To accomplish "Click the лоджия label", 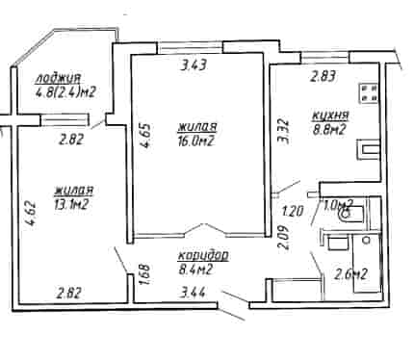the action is (59, 78).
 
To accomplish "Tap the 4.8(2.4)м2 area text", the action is (65, 92).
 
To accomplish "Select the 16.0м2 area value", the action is (195, 141).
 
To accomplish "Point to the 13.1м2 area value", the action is (71, 204).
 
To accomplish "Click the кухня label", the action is (330, 116).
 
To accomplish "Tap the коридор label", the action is (203, 256).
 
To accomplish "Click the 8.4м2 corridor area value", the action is (195, 270).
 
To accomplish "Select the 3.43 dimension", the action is (194, 65).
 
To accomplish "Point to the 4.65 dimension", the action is (145, 136).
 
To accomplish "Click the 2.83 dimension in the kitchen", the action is (323, 77).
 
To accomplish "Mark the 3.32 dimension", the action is (284, 132).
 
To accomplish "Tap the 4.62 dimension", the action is (32, 214).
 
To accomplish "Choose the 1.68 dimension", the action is (145, 275).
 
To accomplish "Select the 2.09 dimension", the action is (283, 238).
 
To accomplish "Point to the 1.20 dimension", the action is (293, 212).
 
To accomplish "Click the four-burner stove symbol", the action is (368, 93).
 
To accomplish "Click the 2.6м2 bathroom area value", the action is (350, 274).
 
